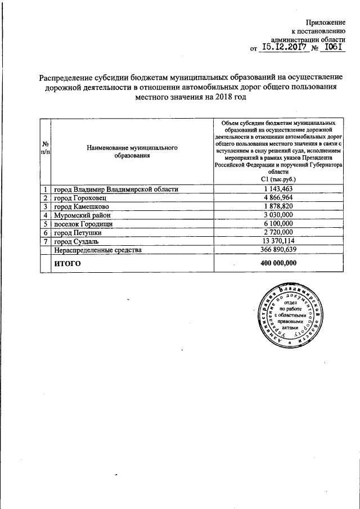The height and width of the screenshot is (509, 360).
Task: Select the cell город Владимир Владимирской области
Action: click(x=116, y=190)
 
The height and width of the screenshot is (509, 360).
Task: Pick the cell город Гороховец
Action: click(x=79, y=198)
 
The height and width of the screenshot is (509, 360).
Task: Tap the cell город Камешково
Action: click(x=80, y=206)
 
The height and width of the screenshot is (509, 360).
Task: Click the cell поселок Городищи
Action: click(x=83, y=223)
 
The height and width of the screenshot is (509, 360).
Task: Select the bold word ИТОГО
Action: click(x=67, y=263)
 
